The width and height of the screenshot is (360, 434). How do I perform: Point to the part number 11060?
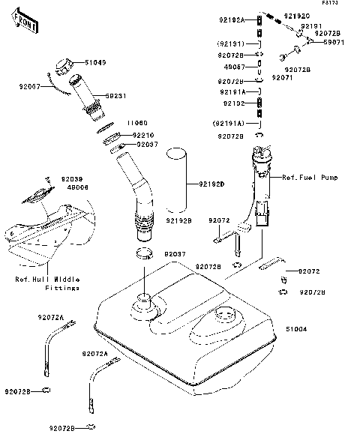click(136, 122)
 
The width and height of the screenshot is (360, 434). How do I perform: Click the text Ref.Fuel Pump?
click(310, 178)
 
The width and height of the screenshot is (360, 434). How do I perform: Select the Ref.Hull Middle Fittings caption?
click(48, 284)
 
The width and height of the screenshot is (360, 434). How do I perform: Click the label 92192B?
click(178, 221)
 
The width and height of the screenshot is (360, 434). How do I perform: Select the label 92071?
click(281, 77)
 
